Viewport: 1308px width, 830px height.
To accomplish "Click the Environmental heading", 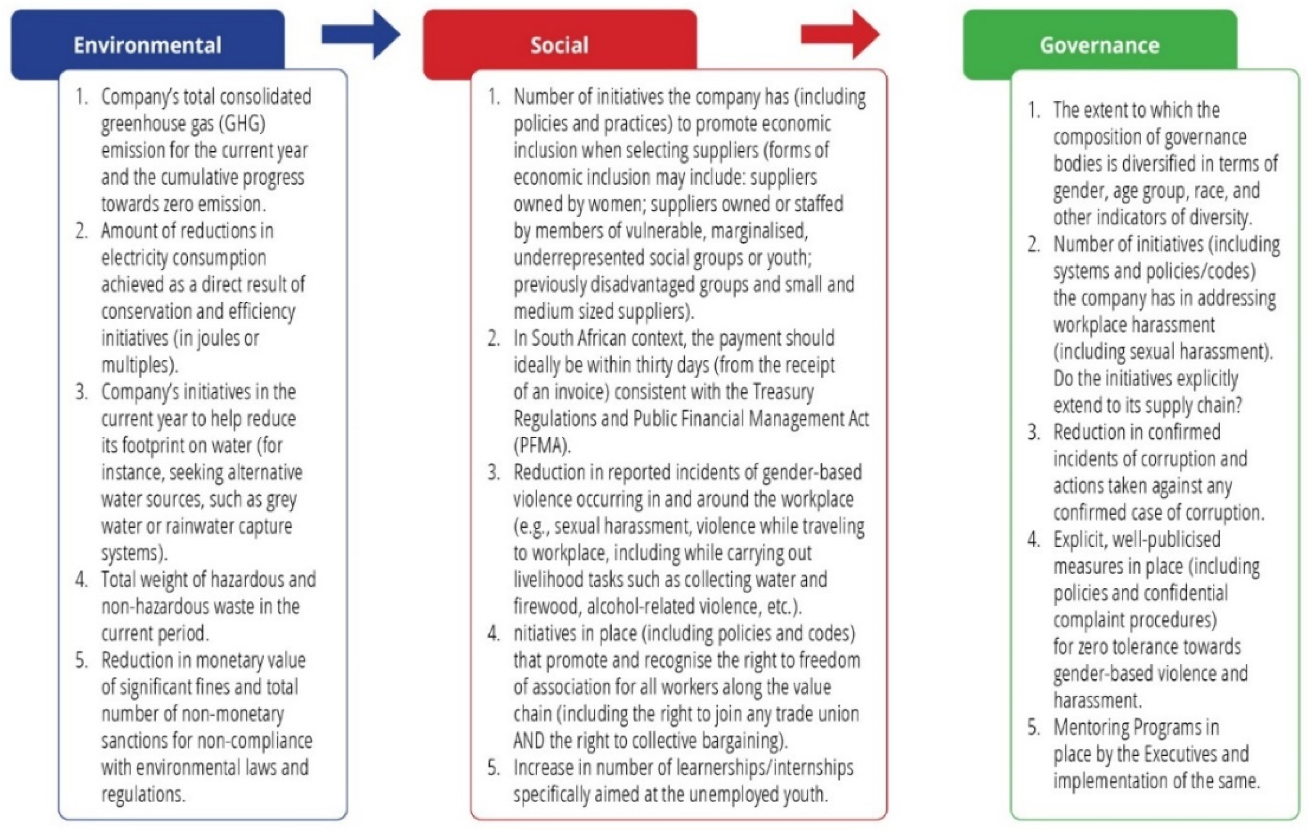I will (x=147, y=45).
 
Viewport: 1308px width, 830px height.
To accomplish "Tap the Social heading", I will (x=559, y=45).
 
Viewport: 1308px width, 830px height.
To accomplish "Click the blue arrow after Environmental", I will (x=361, y=35).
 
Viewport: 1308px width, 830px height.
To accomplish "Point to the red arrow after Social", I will (x=840, y=35).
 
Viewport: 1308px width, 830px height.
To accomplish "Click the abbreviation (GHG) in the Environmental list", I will (x=242, y=124).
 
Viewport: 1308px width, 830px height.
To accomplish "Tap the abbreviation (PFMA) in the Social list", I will (x=542, y=446).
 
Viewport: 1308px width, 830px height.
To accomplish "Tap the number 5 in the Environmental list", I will (x=81, y=661).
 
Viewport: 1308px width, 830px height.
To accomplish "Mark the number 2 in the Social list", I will (x=493, y=339).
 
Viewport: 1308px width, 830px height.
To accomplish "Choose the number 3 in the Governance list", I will (x=1033, y=433).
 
